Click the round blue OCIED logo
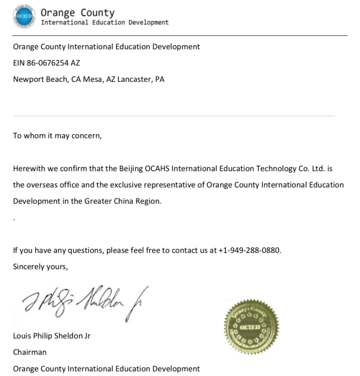[23, 16]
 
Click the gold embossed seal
[252, 327]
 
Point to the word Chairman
[30, 352]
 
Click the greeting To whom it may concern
[57, 136]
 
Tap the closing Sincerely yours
[40, 267]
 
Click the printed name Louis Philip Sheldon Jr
[52, 336]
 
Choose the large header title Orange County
[77, 13]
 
